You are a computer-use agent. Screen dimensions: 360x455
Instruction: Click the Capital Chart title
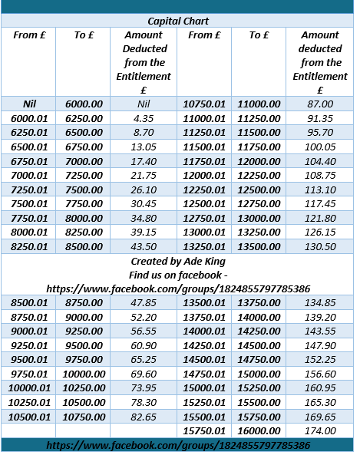[x=178, y=21]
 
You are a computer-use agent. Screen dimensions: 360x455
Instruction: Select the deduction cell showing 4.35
[x=144, y=118]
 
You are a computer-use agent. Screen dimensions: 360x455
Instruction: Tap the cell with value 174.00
[x=320, y=430]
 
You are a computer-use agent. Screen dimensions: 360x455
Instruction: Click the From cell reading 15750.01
[x=206, y=430]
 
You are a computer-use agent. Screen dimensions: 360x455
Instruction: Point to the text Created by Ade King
[x=178, y=261]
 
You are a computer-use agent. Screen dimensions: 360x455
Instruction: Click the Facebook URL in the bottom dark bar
[x=178, y=445]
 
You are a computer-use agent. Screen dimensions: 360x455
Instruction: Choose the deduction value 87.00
[x=320, y=104]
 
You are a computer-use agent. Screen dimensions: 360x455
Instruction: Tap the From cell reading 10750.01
[x=206, y=104]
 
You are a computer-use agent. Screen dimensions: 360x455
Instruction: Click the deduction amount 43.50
[x=144, y=246]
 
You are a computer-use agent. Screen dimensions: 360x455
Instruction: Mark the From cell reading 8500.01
[x=28, y=302]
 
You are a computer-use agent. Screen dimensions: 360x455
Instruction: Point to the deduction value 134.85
[x=320, y=302]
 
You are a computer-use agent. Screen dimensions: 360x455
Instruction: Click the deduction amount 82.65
[x=144, y=416]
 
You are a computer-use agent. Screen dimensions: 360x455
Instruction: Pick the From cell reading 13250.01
[x=206, y=246]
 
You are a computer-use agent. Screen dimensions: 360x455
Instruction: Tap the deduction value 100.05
[x=320, y=147]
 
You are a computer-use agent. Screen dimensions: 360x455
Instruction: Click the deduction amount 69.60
[x=144, y=373]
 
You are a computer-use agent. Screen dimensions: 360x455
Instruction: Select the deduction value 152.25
[x=320, y=359]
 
